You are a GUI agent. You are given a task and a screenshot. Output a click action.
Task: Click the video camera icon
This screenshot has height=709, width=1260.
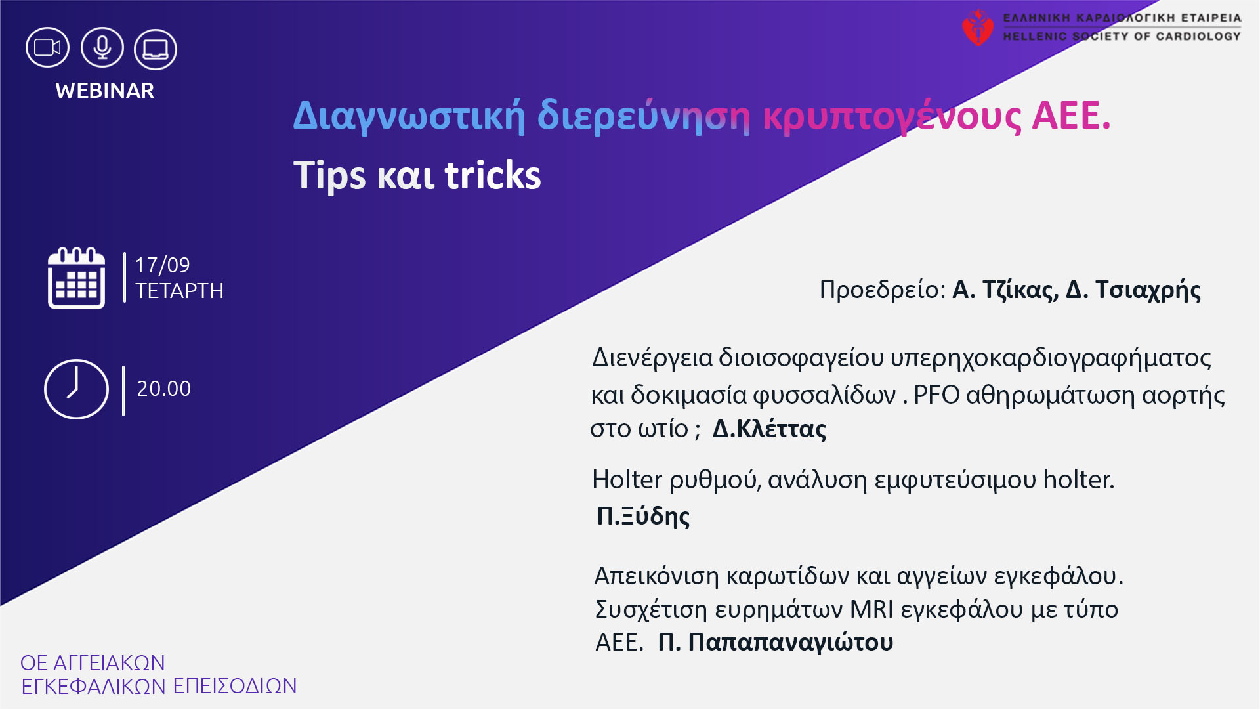click(47, 48)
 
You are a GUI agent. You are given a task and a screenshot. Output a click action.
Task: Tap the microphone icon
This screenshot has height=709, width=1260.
click(102, 48)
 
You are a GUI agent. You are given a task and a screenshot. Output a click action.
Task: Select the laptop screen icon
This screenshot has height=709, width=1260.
click(156, 49)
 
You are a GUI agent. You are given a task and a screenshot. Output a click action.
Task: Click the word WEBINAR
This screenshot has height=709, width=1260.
click(105, 91)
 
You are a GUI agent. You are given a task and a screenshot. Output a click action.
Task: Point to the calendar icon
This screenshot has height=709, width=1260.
click(76, 278)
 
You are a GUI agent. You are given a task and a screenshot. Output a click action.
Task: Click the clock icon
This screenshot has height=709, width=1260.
click(76, 389)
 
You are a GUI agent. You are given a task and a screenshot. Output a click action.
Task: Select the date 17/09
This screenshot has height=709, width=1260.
click(162, 265)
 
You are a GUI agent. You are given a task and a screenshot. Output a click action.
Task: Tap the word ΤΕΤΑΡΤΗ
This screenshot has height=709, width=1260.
click(179, 291)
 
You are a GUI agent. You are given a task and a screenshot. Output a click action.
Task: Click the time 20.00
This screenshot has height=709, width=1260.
click(164, 389)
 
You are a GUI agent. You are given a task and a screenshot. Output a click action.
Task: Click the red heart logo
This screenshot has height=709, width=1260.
click(978, 28)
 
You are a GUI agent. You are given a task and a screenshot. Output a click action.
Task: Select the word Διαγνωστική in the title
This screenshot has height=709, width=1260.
click(409, 117)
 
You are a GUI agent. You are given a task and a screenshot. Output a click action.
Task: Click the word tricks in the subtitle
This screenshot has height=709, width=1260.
click(493, 175)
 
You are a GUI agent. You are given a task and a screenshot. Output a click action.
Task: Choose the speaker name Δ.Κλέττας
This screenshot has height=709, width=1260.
click(769, 429)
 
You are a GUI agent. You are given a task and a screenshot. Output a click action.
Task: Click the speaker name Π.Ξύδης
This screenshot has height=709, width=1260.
click(643, 516)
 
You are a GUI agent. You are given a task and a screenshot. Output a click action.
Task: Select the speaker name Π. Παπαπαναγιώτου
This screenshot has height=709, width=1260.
click(776, 642)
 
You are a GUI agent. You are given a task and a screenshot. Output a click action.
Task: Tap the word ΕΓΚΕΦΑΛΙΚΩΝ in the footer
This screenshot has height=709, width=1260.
click(94, 687)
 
